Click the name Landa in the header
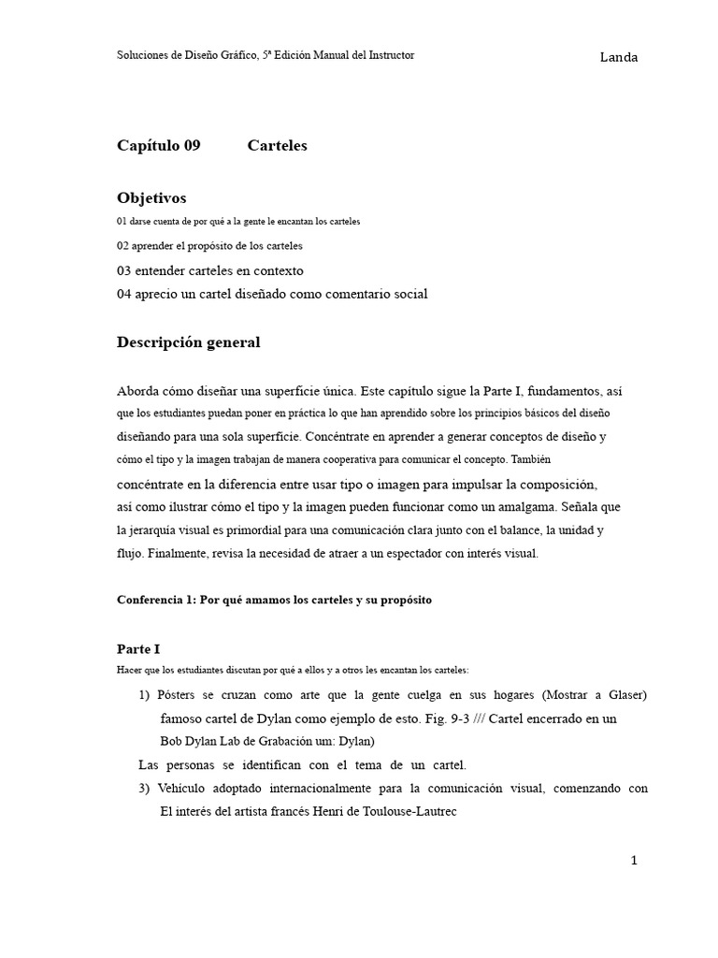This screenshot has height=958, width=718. coord(618,58)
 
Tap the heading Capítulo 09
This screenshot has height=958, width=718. coord(158,146)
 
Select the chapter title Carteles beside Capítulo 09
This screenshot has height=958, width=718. coord(277,146)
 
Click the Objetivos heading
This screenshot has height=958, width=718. coord(151,198)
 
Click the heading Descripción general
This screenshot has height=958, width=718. coord(188,342)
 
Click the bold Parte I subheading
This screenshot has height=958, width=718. coord(138,648)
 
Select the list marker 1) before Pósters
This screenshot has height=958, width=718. coord(144,695)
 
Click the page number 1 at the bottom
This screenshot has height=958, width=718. coord(634,861)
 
